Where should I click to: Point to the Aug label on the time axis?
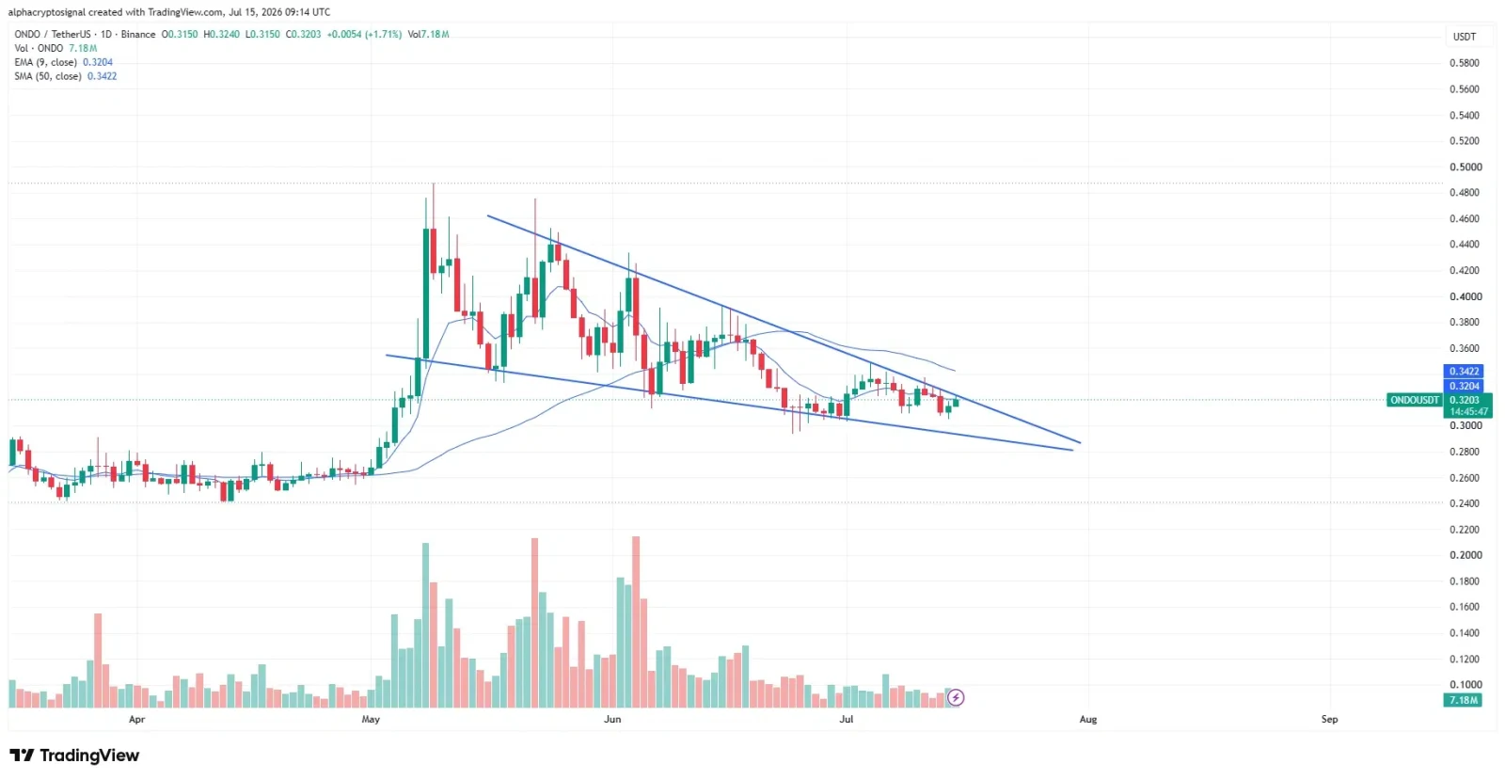[x=1087, y=719]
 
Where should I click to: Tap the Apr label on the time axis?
[x=137, y=719]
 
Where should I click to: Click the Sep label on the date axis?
[x=1330, y=719]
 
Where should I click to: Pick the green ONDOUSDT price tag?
[x=1415, y=401]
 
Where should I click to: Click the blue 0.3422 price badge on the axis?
[x=1464, y=372]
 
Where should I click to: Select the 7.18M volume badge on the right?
[x=1464, y=700]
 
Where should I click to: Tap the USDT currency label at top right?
[x=1465, y=37]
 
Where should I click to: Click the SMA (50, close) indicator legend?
[x=66, y=76]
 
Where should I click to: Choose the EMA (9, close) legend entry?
[x=64, y=62]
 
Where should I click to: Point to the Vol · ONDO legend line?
[x=55, y=48]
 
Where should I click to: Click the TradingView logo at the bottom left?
[x=74, y=756]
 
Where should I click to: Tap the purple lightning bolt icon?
[x=956, y=698]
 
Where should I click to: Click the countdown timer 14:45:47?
[x=1468, y=412]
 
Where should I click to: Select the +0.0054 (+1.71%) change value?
[x=364, y=34]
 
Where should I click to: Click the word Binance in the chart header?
[x=138, y=34]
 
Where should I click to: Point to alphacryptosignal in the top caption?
[x=47, y=12]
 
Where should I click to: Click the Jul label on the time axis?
[x=847, y=719]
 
